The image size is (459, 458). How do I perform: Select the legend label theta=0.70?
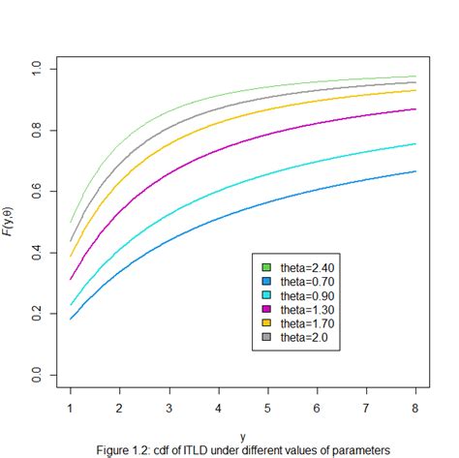point(306,280)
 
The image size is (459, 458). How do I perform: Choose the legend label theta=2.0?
point(303,337)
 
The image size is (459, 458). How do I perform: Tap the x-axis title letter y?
point(243,437)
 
